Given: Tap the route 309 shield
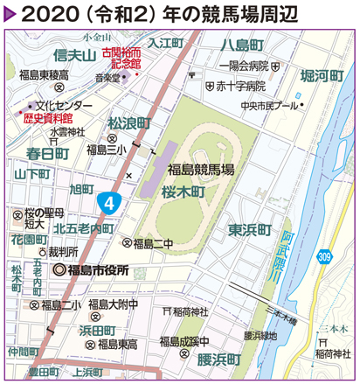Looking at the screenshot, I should pos(324,256).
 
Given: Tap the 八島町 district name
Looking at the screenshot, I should pos(241,45).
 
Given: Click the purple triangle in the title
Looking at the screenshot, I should pos(10,15).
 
